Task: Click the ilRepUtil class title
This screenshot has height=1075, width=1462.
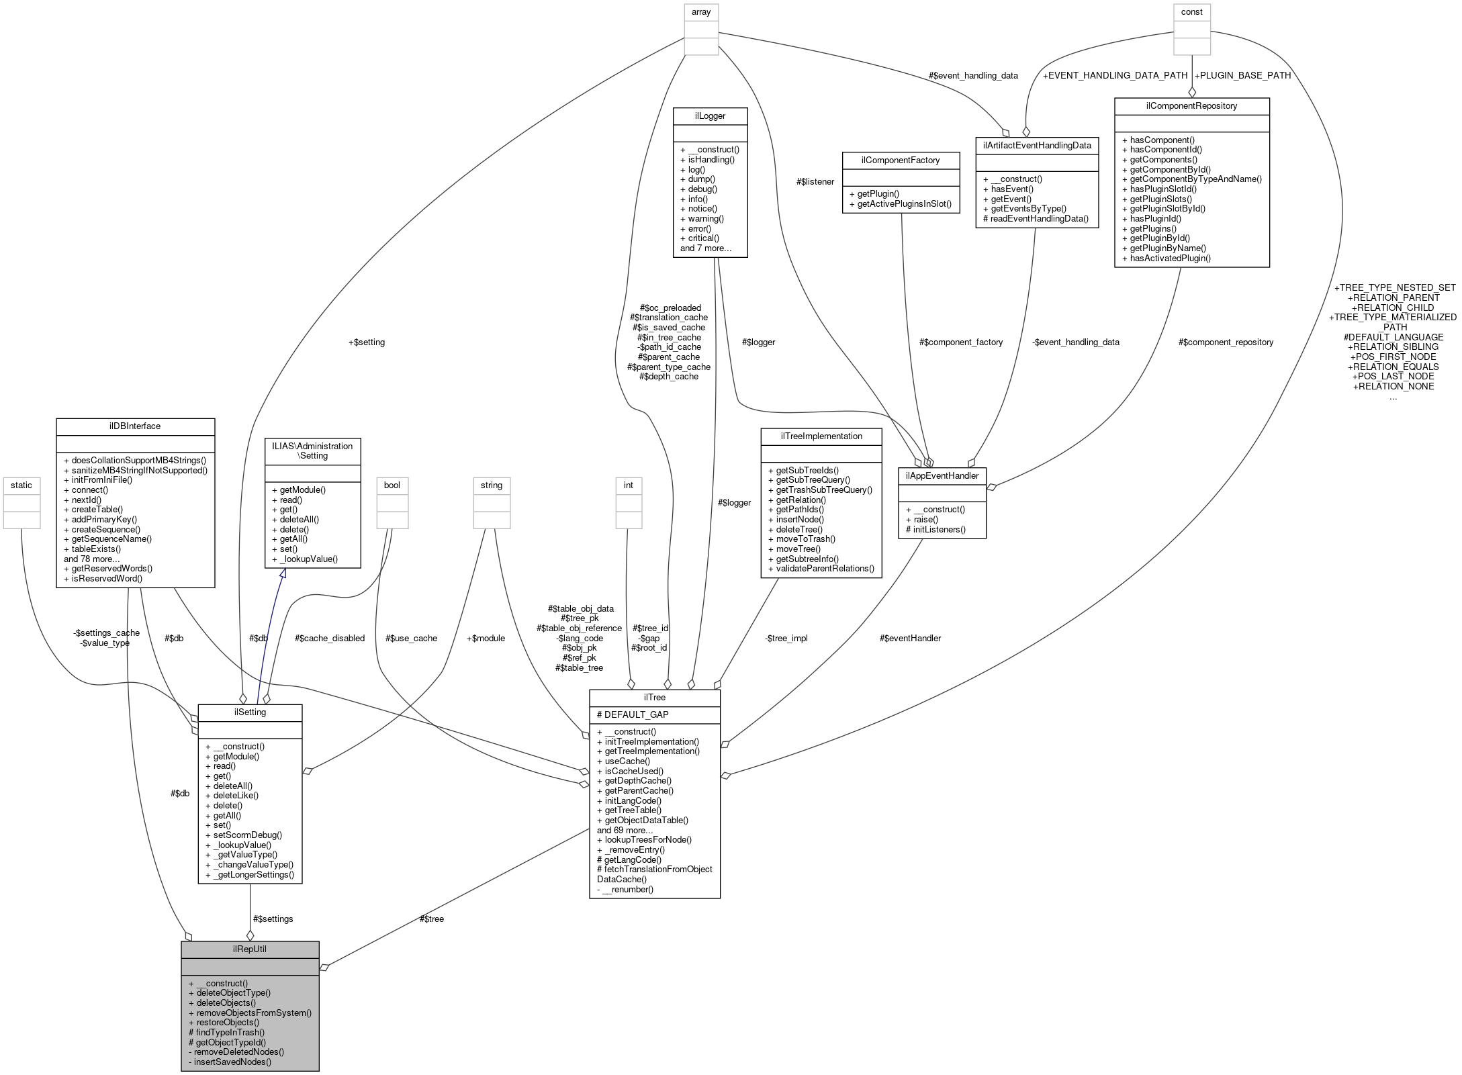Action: (249, 949)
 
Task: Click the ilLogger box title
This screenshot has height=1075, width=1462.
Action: (710, 115)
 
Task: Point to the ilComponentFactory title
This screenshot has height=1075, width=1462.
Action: (901, 160)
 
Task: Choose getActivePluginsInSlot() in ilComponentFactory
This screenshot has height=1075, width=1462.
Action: (905, 203)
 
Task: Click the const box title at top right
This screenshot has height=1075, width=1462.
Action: (1191, 11)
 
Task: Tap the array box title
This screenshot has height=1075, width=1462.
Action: (701, 11)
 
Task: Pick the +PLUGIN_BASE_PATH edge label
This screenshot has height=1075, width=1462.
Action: (1242, 75)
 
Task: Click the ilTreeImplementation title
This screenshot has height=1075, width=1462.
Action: (821, 436)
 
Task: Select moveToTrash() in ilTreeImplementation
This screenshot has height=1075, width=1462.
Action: (806, 539)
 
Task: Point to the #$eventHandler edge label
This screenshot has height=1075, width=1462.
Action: (910, 638)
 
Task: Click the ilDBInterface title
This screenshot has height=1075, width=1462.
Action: (135, 426)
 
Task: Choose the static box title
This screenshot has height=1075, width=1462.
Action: (21, 485)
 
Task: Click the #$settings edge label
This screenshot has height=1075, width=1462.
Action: (273, 919)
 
